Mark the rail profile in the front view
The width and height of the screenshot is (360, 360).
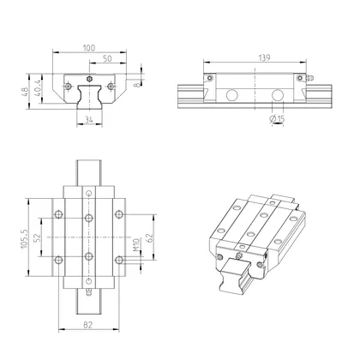tap(89, 97)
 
